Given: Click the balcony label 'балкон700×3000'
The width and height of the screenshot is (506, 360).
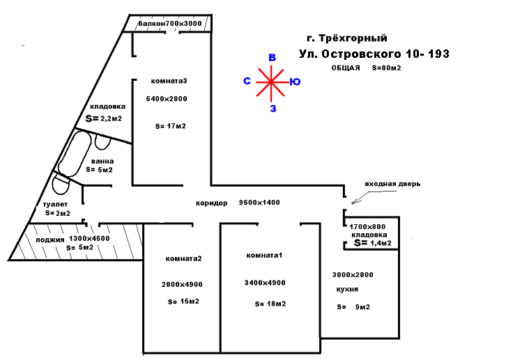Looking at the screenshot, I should (170, 24).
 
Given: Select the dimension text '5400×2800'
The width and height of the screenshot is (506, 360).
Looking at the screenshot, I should (167, 99).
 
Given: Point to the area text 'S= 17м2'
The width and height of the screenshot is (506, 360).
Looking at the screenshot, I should (170, 126).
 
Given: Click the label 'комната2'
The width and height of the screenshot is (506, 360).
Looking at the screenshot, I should (183, 259).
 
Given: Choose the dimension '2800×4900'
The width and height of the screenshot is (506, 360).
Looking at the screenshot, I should (182, 283).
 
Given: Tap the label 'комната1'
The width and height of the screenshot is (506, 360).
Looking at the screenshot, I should (264, 256).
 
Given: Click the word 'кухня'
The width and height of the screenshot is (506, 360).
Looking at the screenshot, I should (347, 288).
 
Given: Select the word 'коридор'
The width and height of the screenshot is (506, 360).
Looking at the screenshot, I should (212, 203).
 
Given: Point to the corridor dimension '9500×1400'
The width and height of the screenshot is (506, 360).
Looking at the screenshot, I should (259, 203).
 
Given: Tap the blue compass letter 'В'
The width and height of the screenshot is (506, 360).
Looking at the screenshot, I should (273, 58).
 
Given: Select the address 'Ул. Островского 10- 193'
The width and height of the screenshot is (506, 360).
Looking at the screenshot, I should (374, 54).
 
